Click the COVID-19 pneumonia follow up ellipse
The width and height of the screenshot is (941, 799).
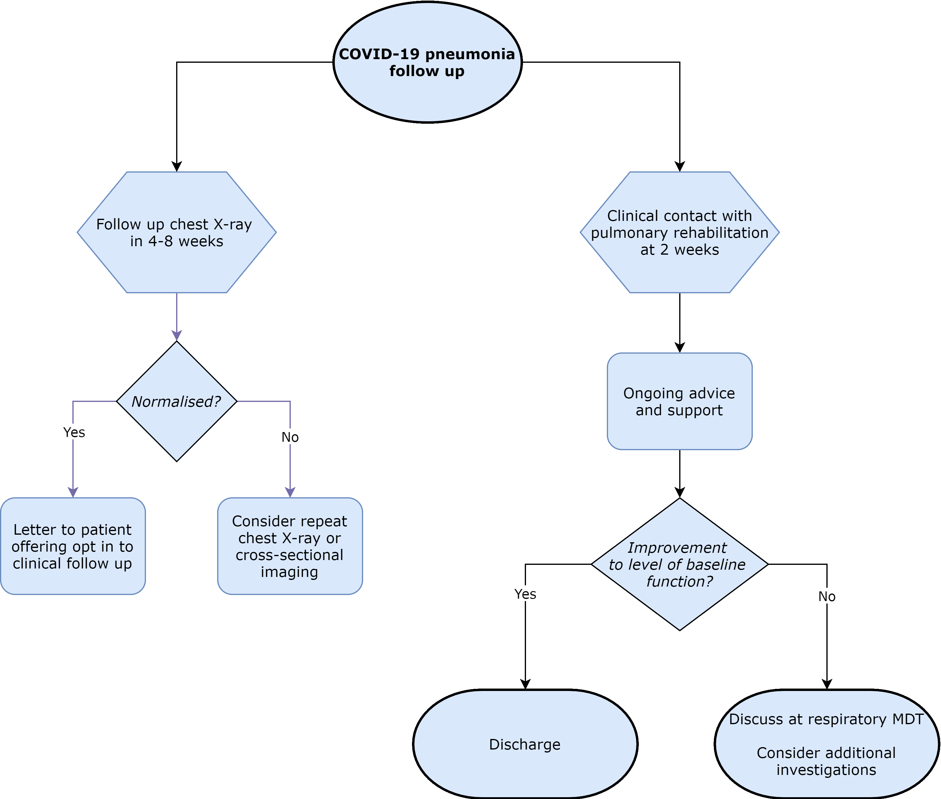point(427,62)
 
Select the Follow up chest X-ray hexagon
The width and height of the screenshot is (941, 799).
point(176,263)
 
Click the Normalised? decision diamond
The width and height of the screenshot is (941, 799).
point(176,430)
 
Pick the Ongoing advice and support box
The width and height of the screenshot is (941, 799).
point(680,401)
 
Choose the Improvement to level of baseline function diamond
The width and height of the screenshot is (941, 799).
point(680,603)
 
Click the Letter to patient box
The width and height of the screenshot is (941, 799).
point(73,546)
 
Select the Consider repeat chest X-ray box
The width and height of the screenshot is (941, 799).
point(290,546)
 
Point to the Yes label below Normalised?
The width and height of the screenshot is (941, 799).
point(74,432)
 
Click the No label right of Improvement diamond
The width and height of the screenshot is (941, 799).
point(826,596)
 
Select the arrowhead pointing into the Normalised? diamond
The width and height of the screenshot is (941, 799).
point(176,335)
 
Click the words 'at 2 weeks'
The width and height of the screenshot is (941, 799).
point(680,250)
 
